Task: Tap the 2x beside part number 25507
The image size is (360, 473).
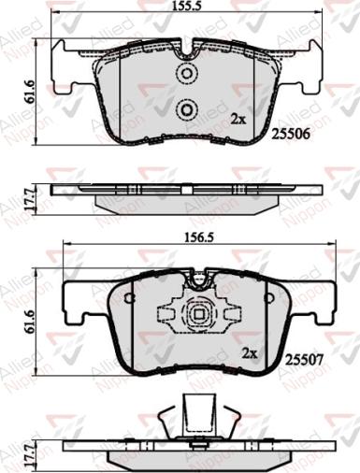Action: pyautogui.click(x=249, y=354)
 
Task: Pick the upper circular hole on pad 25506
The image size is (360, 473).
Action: pyautogui.click(x=186, y=75)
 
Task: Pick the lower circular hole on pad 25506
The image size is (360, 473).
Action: pyautogui.click(x=186, y=111)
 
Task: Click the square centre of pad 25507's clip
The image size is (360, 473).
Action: pyautogui.click(x=197, y=315)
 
